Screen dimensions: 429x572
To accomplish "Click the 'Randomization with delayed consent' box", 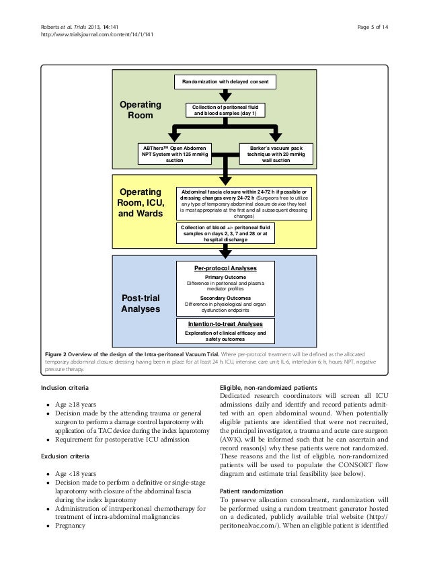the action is [x=225, y=82].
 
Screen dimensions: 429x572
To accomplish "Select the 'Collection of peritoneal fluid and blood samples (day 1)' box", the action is [x=225, y=110].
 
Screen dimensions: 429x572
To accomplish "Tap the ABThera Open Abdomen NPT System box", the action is [x=175, y=154].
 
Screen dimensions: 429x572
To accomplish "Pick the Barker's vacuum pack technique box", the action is [x=276, y=154].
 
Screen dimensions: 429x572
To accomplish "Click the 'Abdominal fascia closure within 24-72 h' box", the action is [x=243, y=204].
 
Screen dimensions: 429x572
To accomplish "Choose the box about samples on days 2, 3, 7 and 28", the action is [x=225, y=233].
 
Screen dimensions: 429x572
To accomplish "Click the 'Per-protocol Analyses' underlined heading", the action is [x=225, y=268].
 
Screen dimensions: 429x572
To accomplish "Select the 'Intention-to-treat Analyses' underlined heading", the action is [x=225, y=324].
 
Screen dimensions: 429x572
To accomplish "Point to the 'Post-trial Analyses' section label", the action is [x=141, y=303].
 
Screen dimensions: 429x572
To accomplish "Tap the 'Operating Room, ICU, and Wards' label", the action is [x=141, y=202].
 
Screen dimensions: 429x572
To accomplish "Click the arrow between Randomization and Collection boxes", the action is [x=225, y=95].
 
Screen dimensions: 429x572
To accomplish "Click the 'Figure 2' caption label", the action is [x=55, y=354].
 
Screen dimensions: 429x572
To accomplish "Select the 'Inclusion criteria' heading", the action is [x=65, y=387].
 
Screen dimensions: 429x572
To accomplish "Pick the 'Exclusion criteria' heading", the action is [x=65, y=456].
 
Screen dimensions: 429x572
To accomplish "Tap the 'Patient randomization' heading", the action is [x=251, y=491].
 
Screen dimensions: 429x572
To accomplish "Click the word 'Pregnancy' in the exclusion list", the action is [x=70, y=526].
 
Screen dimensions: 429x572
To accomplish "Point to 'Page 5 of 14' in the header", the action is [x=373, y=27].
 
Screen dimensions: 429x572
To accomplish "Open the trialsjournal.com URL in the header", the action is [x=97, y=35].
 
